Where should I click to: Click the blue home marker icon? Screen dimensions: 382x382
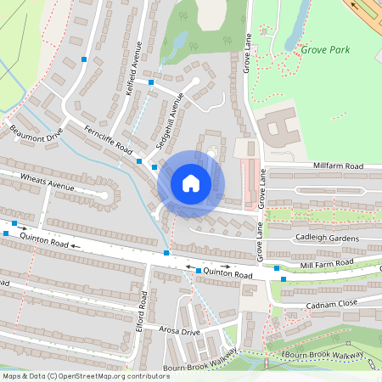[x=191, y=183]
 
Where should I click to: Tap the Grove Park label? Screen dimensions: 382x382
[x=325, y=50]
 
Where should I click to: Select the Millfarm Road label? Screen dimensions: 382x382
[x=337, y=166]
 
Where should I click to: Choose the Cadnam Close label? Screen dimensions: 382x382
[x=329, y=304]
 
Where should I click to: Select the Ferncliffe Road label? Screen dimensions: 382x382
[x=109, y=139]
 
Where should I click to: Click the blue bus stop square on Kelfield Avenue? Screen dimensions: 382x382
[x=151, y=82]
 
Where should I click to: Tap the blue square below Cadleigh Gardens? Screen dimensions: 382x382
[x=283, y=278]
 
